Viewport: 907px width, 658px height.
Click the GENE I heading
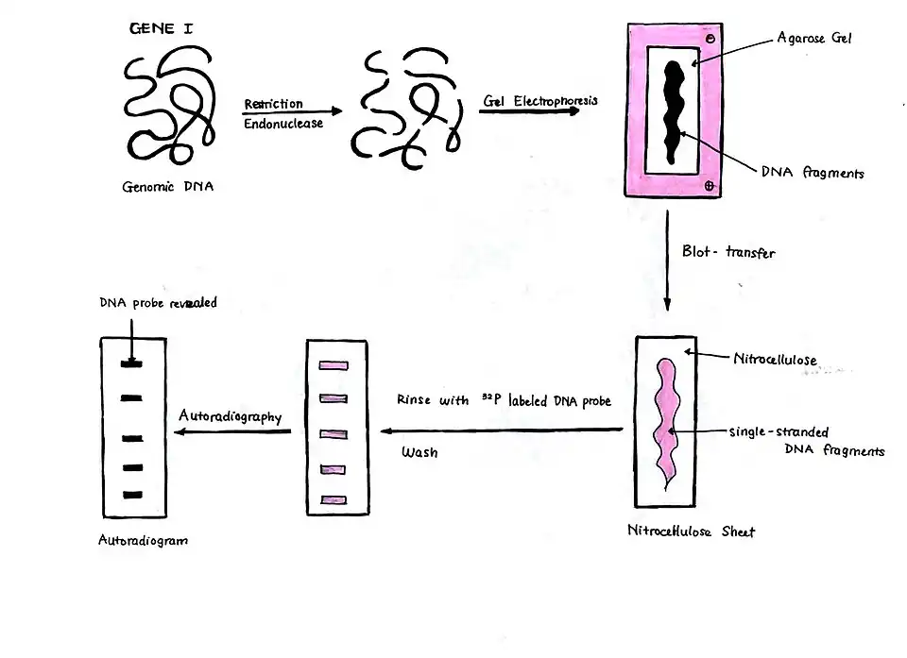pos(161,29)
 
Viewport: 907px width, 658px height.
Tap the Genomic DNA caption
pos(168,186)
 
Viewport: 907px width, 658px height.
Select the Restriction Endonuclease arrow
pos(290,113)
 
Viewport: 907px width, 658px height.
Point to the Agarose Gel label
pos(815,39)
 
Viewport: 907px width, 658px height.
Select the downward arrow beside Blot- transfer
pos(667,260)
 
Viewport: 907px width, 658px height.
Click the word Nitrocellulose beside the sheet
pos(775,359)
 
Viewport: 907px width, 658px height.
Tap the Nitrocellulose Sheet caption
pos(691,531)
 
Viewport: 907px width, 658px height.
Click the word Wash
pos(419,452)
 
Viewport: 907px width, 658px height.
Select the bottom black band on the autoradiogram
pos(132,495)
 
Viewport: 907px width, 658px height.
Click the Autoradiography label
pos(231,415)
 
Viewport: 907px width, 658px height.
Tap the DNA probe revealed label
pos(158,303)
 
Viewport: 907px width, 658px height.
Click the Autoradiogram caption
pos(143,541)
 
